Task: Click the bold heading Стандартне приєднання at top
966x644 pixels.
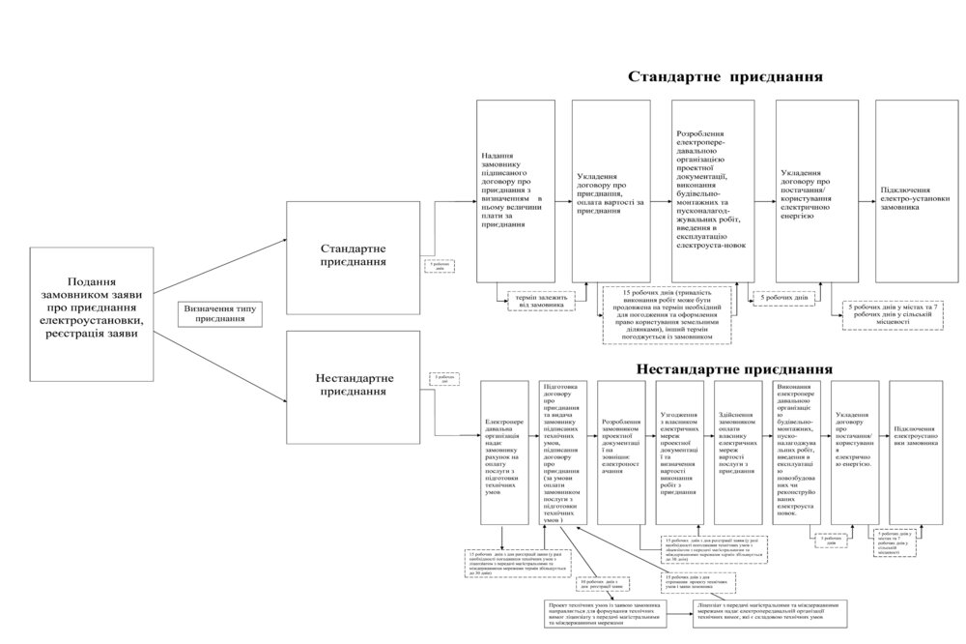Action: pyautogui.click(x=725, y=76)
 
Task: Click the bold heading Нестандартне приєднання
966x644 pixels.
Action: pyautogui.click(x=733, y=368)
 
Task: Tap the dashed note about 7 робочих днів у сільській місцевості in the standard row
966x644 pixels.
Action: pyautogui.click(x=894, y=314)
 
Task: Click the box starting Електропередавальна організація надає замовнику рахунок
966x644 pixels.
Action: pyautogui.click(x=507, y=454)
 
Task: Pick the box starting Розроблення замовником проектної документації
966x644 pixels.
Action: pyautogui.click(x=622, y=454)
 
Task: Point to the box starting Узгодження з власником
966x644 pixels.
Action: pyautogui.click(x=680, y=454)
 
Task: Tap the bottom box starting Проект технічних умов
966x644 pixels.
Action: pyautogui.click(x=614, y=614)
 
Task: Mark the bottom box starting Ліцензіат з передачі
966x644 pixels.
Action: pyautogui.click(x=770, y=613)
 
